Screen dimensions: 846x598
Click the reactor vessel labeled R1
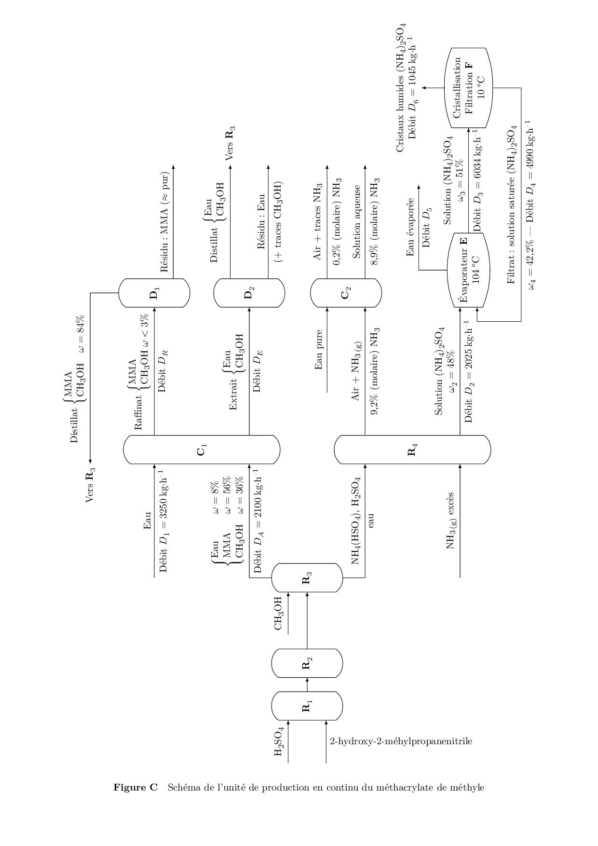[x=307, y=706]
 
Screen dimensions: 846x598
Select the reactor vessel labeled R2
[x=307, y=664]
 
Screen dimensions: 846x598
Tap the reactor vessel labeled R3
[x=307, y=578]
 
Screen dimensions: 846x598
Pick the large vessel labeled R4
[x=412, y=450]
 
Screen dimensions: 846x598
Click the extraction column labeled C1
[x=202, y=450]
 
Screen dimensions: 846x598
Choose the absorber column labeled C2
[x=346, y=293]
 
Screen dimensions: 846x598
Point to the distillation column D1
[x=154, y=293]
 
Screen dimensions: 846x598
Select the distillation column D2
[x=249, y=293]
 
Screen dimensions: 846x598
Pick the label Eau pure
[x=318, y=350]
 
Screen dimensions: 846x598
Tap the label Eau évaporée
[x=410, y=227]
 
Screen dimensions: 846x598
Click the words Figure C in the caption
[x=136, y=788]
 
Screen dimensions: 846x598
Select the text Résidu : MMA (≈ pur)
[x=164, y=222]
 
